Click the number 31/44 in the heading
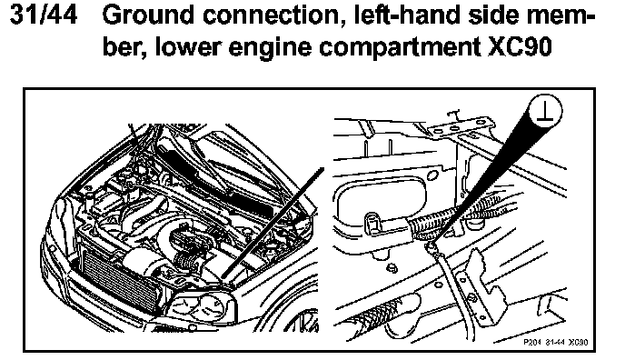[x=43, y=15]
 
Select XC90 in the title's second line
[x=521, y=47]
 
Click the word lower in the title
[x=187, y=47]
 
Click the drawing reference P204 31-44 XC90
[x=555, y=343]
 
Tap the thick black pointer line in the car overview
[x=272, y=223]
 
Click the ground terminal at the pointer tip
[x=430, y=247]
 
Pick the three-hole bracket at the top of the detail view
[x=462, y=127]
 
